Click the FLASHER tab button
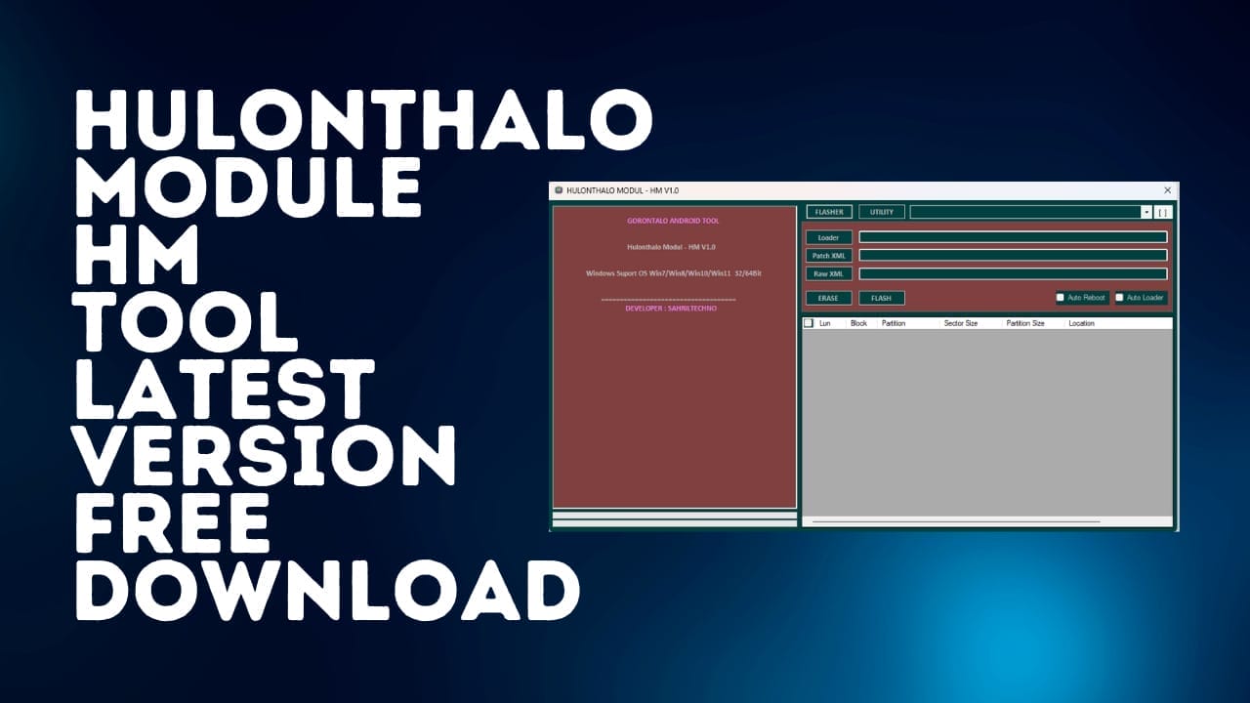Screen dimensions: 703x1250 [x=829, y=212]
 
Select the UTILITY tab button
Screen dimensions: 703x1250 [x=881, y=212]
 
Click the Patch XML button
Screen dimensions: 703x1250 [x=828, y=256]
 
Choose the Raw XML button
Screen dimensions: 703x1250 [x=828, y=274]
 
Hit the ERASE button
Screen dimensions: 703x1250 [x=828, y=298]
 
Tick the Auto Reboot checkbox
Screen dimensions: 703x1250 [x=1061, y=298]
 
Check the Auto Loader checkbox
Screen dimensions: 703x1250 [x=1120, y=298]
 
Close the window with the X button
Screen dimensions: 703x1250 [x=1167, y=190]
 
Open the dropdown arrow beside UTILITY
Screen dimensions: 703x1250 [x=1146, y=212]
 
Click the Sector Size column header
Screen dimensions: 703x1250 [x=960, y=323]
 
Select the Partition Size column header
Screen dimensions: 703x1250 [x=1024, y=323]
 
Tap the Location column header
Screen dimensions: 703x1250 [x=1081, y=323]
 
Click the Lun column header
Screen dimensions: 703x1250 [x=825, y=323]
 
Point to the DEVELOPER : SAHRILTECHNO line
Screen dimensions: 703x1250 [x=671, y=309]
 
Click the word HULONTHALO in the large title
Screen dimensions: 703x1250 [x=363, y=119]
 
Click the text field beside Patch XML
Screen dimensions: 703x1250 [x=1013, y=256]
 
